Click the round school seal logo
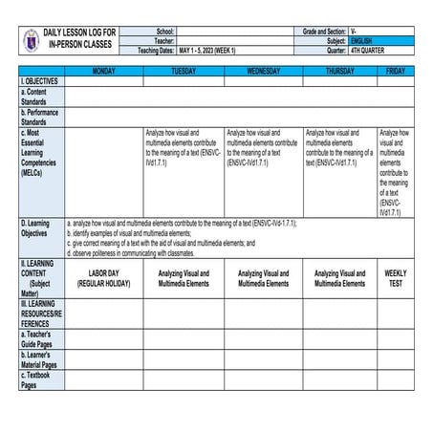point(30,41)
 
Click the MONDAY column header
point(103,72)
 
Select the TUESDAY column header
point(184,72)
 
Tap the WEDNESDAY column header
point(264,72)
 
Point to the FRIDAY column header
point(396,72)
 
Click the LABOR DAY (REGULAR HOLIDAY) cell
point(103,278)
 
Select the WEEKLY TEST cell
point(396,278)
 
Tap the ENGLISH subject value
point(364,41)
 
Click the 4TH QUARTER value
point(368,51)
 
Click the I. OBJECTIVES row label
point(40,82)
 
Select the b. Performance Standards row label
point(40,118)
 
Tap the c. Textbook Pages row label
point(40,379)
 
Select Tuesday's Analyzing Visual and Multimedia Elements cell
point(184,278)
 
